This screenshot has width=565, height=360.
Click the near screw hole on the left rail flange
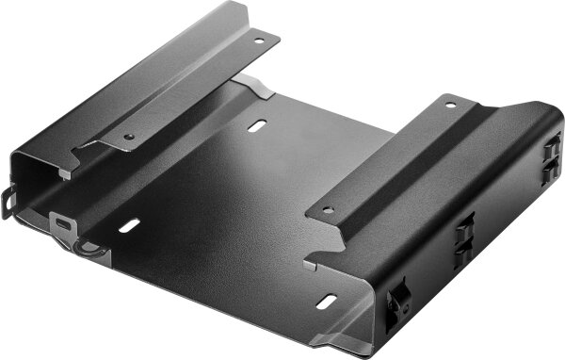[129, 136]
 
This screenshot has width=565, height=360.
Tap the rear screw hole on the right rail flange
[448, 105]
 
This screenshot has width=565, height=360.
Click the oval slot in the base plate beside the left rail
[130, 225]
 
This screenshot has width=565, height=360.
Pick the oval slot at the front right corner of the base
[327, 301]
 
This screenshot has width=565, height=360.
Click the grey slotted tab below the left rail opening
[63, 224]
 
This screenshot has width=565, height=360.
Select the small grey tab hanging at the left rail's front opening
[64, 173]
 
